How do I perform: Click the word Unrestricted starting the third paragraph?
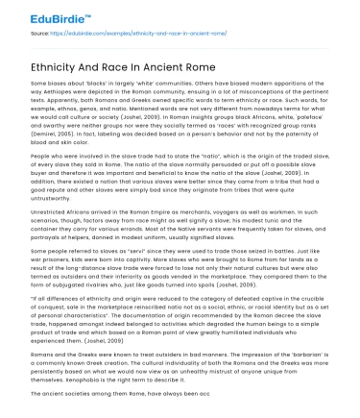click(x=53, y=236)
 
